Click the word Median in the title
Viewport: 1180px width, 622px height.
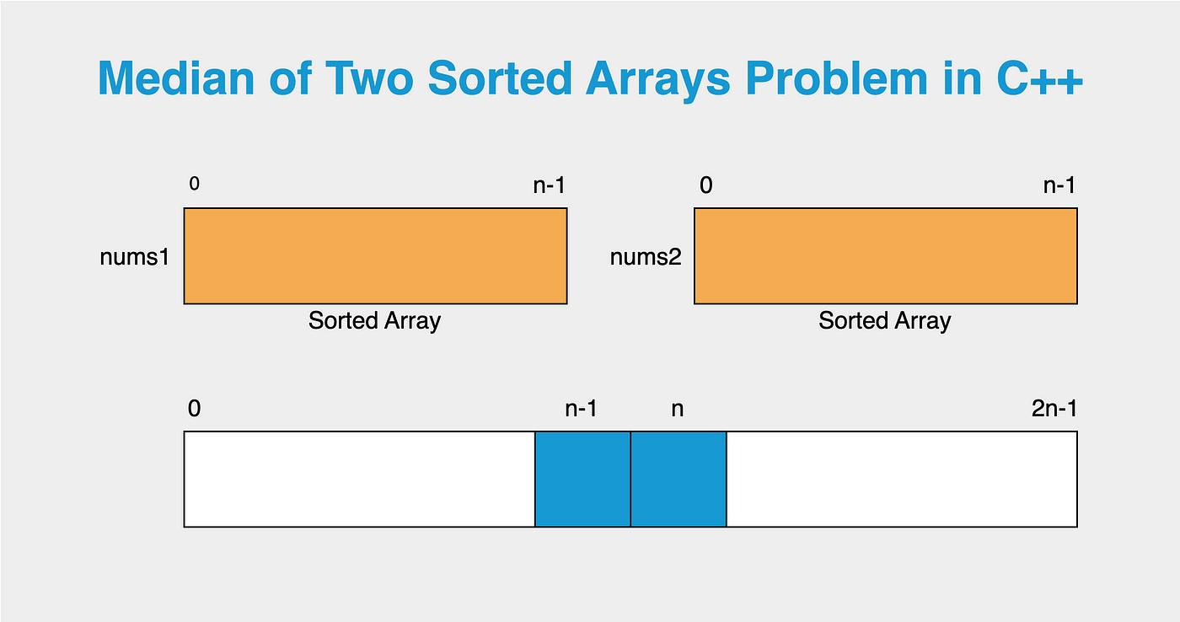tap(176, 78)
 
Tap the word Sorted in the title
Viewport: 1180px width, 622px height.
tap(500, 78)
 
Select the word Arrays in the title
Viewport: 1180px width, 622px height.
tap(658, 81)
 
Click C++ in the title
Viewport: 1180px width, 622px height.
tap(1039, 78)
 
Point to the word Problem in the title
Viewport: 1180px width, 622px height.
tap(837, 78)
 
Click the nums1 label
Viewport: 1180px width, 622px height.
tap(135, 257)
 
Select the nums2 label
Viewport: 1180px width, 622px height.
tap(646, 257)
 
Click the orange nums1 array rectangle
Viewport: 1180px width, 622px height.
tap(376, 256)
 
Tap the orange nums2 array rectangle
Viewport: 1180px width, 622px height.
tap(886, 256)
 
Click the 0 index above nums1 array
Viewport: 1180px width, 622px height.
tap(195, 183)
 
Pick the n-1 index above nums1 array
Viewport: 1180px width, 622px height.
tap(549, 185)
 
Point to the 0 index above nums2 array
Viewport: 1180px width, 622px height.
tap(706, 185)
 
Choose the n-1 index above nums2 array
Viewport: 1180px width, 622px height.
tap(1059, 185)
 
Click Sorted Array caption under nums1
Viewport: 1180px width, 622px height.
tap(374, 321)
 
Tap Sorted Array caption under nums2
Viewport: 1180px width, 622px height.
tap(885, 321)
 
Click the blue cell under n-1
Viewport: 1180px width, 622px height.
tap(582, 480)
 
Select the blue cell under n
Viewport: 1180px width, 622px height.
tap(678, 480)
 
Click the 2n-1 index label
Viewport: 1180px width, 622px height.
tap(1054, 409)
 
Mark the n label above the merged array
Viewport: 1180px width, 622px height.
tap(678, 410)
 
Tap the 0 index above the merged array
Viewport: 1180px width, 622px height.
tap(195, 409)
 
